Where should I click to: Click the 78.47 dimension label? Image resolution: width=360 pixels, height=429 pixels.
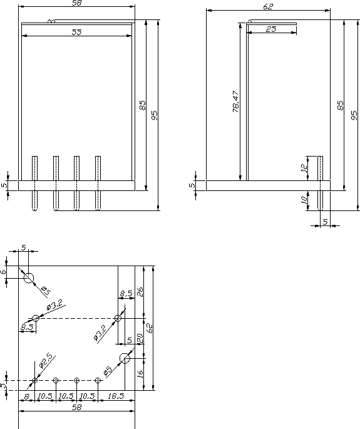pyautogui.click(x=236, y=101)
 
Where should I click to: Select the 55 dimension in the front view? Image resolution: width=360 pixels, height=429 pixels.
pyautogui.click(x=76, y=32)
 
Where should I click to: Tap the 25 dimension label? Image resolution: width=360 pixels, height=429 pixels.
pyautogui.click(x=271, y=29)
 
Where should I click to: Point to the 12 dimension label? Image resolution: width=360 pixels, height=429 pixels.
pyautogui.click(x=304, y=168)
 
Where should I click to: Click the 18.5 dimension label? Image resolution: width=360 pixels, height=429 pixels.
pyautogui.click(x=116, y=396)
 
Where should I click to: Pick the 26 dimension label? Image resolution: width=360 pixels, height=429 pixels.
pyautogui.click(x=140, y=292)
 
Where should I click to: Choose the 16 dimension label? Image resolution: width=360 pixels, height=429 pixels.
pyautogui.click(x=140, y=374)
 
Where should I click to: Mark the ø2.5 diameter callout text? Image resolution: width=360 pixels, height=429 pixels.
pyautogui.click(x=46, y=360)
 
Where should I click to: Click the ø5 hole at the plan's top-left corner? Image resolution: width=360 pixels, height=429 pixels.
pyautogui.click(x=28, y=277)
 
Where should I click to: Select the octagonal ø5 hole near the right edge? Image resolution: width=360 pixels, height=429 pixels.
pyautogui.click(x=125, y=358)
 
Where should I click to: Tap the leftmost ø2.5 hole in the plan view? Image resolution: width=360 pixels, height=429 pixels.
pyautogui.click(x=34, y=380)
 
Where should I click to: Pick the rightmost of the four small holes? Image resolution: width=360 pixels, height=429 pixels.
pyautogui.click(x=98, y=380)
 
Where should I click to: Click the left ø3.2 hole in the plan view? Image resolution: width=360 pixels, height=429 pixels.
pyautogui.click(x=36, y=318)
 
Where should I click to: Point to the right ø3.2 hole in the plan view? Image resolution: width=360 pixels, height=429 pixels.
pyautogui.click(x=118, y=318)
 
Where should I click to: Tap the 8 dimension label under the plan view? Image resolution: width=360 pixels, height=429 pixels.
pyautogui.click(x=26, y=396)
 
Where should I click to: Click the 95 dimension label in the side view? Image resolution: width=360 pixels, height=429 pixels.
pyautogui.click(x=354, y=115)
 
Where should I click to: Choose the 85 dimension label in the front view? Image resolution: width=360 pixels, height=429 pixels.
pyautogui.click(x=143, y=105)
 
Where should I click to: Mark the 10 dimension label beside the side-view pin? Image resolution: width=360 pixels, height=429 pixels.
pyautogui.click(x=304, y=200)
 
